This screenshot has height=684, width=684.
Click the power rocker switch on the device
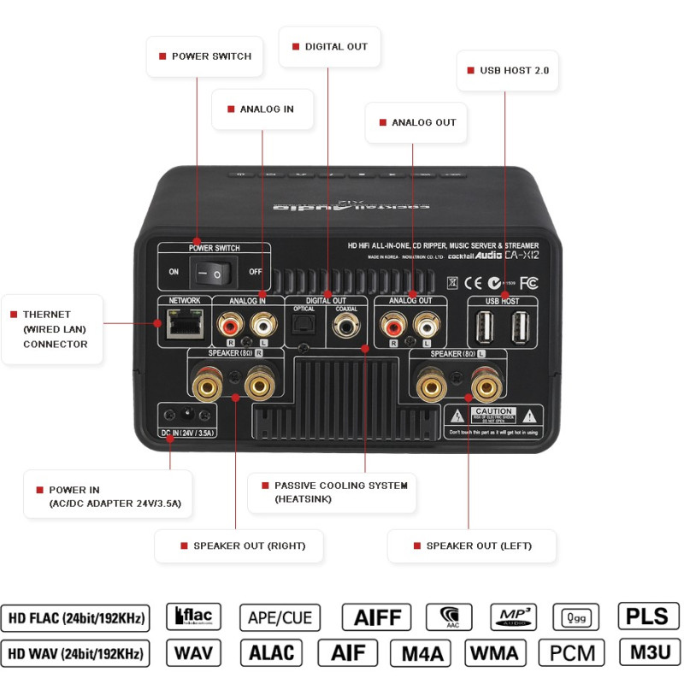212,273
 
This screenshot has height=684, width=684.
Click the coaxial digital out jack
346,325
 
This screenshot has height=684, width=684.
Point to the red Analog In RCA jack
229,325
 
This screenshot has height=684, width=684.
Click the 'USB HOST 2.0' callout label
508,70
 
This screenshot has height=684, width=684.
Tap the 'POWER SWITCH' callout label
204,56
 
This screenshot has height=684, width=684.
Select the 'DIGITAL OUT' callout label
330,47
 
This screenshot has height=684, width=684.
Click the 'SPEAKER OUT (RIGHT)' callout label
239,545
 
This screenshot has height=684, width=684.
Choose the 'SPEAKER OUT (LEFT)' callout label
472,545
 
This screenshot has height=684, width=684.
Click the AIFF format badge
376,616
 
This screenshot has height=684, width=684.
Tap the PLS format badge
648,616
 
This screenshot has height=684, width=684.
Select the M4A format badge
421,653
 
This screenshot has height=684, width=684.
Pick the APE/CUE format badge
280,616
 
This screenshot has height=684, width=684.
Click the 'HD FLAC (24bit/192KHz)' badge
76,616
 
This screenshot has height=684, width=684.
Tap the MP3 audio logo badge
513,616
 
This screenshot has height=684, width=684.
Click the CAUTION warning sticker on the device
494,417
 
